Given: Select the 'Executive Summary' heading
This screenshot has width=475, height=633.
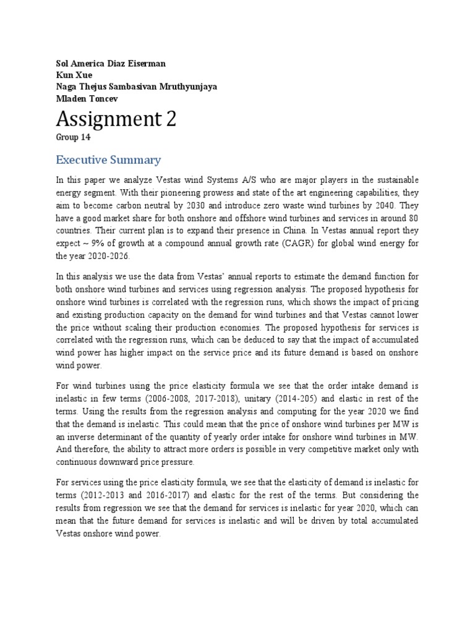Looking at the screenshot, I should coord(108,160).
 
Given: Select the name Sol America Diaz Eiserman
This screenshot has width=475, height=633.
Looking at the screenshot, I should coord(111,64).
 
